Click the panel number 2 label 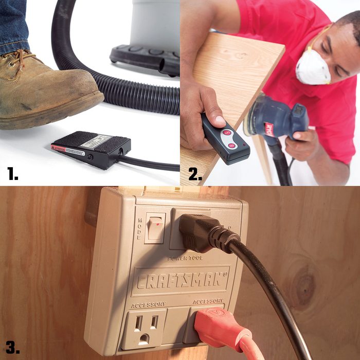coord(195,174)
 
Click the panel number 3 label coord(13,347)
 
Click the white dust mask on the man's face coord(313,67)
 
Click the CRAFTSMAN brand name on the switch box coord(180,280)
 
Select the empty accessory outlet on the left coord(143,329)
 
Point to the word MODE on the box coord(139,229)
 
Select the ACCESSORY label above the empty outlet coord(148,305)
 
